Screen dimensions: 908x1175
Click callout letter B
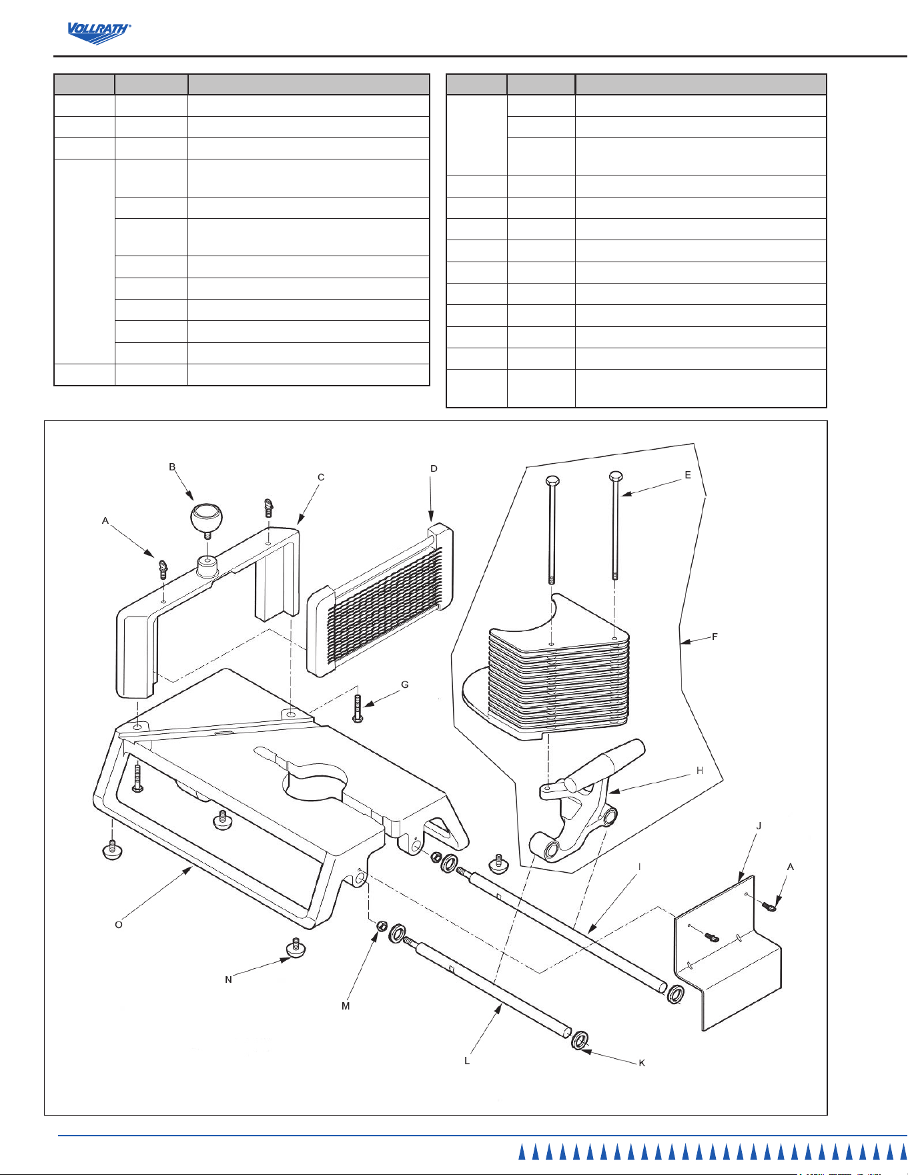[x=172, y=467]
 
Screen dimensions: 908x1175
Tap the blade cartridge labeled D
[x=380, y=600]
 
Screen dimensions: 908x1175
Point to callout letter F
[x=715, y=637]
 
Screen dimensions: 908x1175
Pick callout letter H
[x=700, y=771]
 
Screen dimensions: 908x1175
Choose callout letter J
[x=759, y=825]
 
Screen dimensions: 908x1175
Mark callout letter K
[x=642, y=1063]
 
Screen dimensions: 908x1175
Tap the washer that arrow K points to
[x=580, y=1040]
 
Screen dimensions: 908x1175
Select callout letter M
[x=346, y=1006]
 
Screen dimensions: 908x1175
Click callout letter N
[x=228, y=980]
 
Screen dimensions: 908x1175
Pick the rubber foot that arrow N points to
[x=295, y=948]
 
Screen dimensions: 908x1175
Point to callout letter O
[x=119, y=924]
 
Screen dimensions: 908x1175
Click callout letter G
[x=404, y=685]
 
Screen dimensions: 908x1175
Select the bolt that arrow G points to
[x=358, y=709]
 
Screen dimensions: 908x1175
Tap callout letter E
[x=688, y=475]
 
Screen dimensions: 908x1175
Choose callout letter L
[x=467, y=1060]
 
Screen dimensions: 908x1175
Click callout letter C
[x=321, y=477]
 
